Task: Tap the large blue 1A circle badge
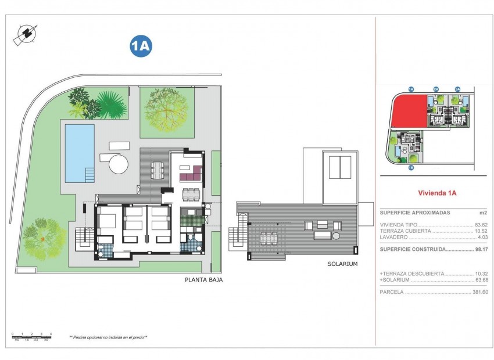(141, 47)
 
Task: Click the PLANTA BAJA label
(203, 279)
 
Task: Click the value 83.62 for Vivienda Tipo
(481, 224)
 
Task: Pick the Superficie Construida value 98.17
(481, 249)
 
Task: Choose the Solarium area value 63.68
(481, 280)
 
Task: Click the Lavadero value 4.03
(482, 237)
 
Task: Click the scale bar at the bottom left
(32, 336)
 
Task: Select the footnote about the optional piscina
(108, 337)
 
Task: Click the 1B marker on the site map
(410, 168)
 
